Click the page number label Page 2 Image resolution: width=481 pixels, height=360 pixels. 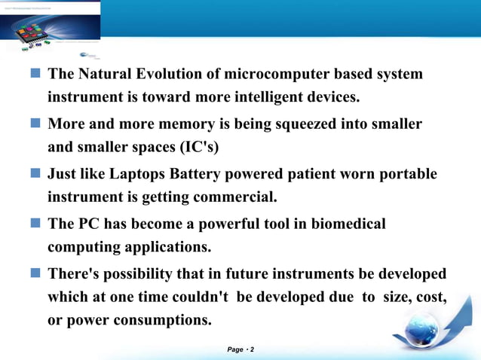pyautogui.click(x=240, y=350)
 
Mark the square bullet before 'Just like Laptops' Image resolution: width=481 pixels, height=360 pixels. pyautogui.click(x=36, y=174)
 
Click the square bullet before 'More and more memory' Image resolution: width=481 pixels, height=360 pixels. pyautogui.click(x=36, y=124)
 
